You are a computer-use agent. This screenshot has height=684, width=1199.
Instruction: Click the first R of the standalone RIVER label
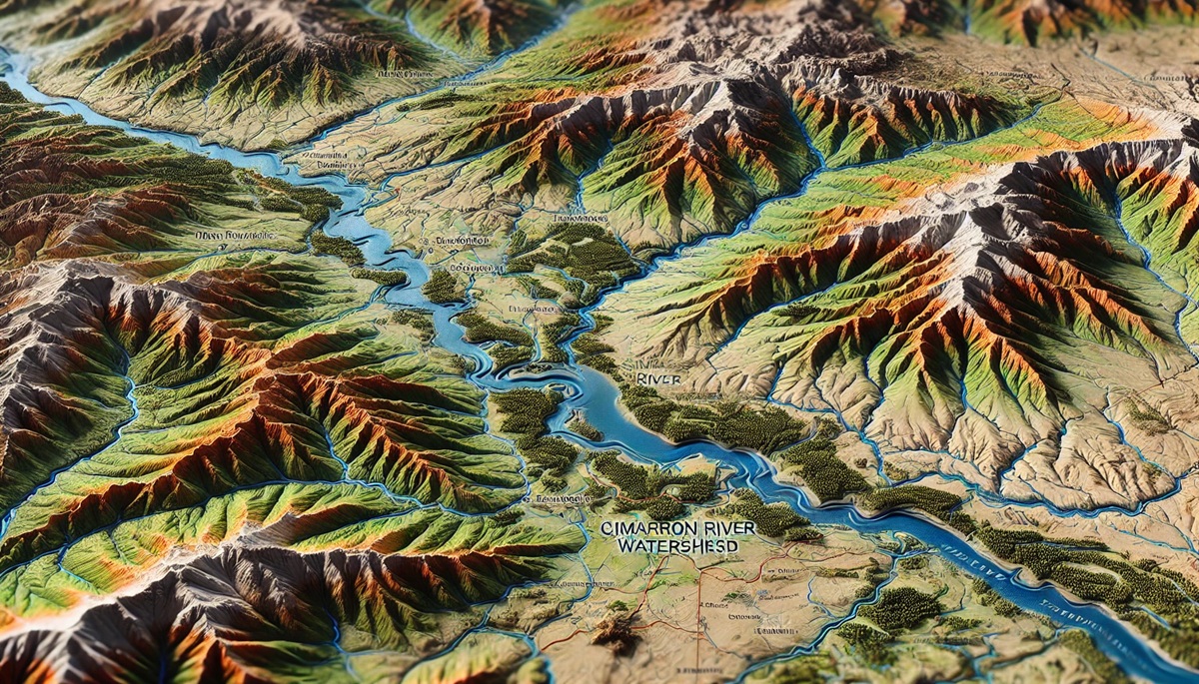pos(639,379)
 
